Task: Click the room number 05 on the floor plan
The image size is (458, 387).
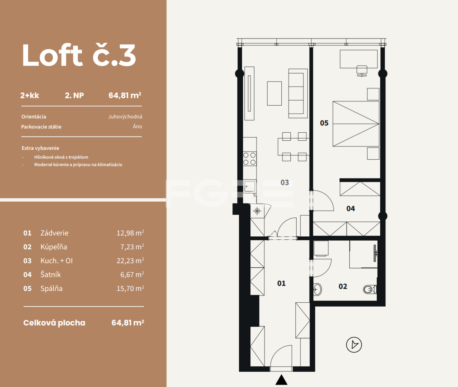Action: click(324, 123)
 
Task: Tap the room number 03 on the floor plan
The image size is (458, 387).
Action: click(284, 182)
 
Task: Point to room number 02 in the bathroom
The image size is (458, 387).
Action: click(343, 286)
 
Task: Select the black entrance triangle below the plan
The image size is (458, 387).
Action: click(281, 379)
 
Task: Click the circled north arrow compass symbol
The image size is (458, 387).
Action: click(354, 345)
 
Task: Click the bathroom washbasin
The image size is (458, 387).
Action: click(318, 289)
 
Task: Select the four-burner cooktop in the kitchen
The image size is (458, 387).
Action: click(250, 159)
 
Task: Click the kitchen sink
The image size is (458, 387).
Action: click(250, 186)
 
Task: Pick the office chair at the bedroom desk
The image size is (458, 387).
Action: click(361, 71)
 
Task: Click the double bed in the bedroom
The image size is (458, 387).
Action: click(356, 124)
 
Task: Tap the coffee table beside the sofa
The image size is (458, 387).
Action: click(274, 93)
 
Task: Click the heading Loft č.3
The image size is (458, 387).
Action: click(79, 55)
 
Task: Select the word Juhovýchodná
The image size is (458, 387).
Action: click(125, 117)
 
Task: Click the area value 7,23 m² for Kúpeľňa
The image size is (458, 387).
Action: click(132, 247)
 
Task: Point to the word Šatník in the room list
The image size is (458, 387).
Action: click(50, 275)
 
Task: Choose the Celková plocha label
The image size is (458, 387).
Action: click(54, 323)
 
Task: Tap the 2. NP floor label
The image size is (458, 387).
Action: click(74, 95)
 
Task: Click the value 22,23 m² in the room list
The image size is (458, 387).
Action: click(130, 260)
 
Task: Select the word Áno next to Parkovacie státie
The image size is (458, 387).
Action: click(137, 127)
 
